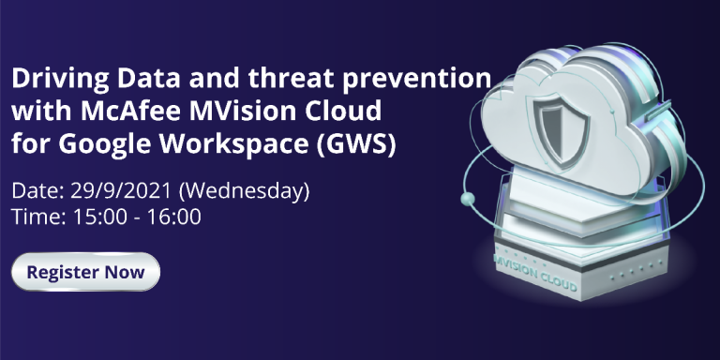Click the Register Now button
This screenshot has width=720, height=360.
(x=86, y=272)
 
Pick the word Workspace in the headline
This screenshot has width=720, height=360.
(x=233, y=143)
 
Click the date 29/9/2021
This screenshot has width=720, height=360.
(x=121, y=191)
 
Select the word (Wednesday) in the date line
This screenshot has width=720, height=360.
(x=244, y=191)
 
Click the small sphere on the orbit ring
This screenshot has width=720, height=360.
(x=468, y=199)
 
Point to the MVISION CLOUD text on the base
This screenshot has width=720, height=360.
(x=534, y=273)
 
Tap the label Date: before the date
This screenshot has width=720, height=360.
(x=38, y=191)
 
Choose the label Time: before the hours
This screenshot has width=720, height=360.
(x=39, y=217)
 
